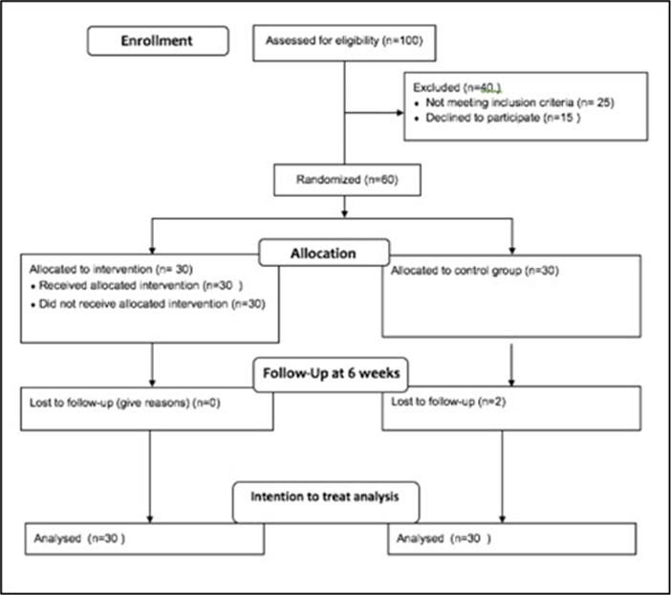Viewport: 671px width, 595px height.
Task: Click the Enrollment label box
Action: (x=158, y=41)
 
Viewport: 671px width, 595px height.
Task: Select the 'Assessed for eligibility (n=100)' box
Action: (x=344, y=43)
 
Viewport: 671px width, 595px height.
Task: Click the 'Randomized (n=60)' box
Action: (x=347, y=180)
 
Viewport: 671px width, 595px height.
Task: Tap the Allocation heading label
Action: (x=324, y=253)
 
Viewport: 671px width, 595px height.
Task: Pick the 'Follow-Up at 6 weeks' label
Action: (x=331, y=374)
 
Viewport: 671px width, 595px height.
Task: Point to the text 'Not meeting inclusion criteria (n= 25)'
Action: (x=520, y=102)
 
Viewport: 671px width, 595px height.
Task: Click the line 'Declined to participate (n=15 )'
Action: (x=503, y=118)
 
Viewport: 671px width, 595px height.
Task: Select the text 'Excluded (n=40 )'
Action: (x=457, y=87)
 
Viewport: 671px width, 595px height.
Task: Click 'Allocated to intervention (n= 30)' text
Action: (x=111, y=269)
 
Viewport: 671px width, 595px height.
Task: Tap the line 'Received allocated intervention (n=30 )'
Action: (x=141, y=285)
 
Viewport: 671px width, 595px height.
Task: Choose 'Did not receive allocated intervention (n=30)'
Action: (x=152, y=303)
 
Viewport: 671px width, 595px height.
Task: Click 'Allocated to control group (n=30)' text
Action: (x=475, y=271)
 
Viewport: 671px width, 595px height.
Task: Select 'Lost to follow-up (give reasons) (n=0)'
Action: (x=124, y=403)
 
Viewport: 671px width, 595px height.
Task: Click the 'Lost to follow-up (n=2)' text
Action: (x=448, y=402)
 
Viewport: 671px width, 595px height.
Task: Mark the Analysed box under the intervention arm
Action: (x=144, y=539)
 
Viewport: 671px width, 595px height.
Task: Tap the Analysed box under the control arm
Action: (x=511, y=539)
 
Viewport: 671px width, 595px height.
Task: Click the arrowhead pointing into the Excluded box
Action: (x=400, y=113)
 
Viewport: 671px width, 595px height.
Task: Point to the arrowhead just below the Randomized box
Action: (x=344, y=213)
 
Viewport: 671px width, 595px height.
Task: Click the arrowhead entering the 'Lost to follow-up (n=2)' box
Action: (x=511, y=382)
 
